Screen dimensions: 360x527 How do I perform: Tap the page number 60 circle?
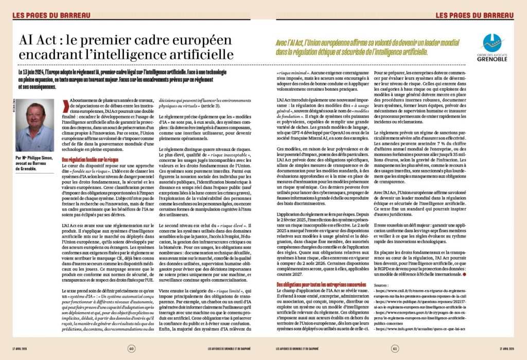[x=132, y=349]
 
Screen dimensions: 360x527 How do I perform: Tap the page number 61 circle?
[x=395, y=349]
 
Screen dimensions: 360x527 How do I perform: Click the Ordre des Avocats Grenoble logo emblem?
[x=493, y=43]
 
